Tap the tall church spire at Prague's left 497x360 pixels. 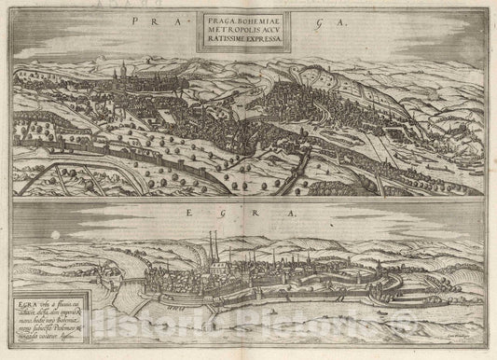coord(119,73)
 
